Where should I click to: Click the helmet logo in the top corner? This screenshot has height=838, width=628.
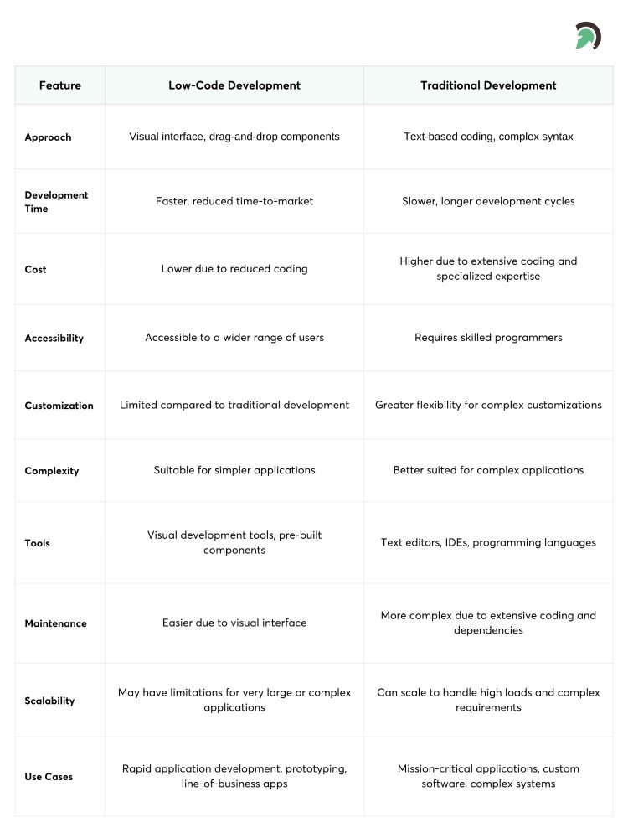pos(588,35)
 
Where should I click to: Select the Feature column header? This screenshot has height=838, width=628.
pos(60,85)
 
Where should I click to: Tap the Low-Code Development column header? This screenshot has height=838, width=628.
pos(234,85)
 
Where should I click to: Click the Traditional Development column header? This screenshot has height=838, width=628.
pos(488,85)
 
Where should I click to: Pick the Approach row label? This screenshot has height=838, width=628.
pos(48,137)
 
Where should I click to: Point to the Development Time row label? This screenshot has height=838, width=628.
pos(56,202)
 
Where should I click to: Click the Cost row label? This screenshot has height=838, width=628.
pos(35,270)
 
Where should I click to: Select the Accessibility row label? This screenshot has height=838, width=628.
pos(54,339)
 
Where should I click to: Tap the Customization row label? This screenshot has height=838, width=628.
pos(59,406)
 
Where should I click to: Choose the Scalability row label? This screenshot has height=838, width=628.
pos(49,701)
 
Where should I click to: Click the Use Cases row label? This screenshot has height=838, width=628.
pos(49,777)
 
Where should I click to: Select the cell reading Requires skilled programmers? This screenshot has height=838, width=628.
pos(488,338)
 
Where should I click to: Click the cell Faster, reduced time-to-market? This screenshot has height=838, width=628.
pos(234,201)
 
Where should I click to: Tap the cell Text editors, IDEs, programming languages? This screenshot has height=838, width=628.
pos(488,542)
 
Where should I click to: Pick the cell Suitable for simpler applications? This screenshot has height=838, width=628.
pos(234,470)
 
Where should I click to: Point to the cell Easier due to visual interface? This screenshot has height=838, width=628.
pos(234,623)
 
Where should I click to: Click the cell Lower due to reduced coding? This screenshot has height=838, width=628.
pos(234,269)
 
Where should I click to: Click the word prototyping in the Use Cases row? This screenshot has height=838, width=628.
pos(315,768)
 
